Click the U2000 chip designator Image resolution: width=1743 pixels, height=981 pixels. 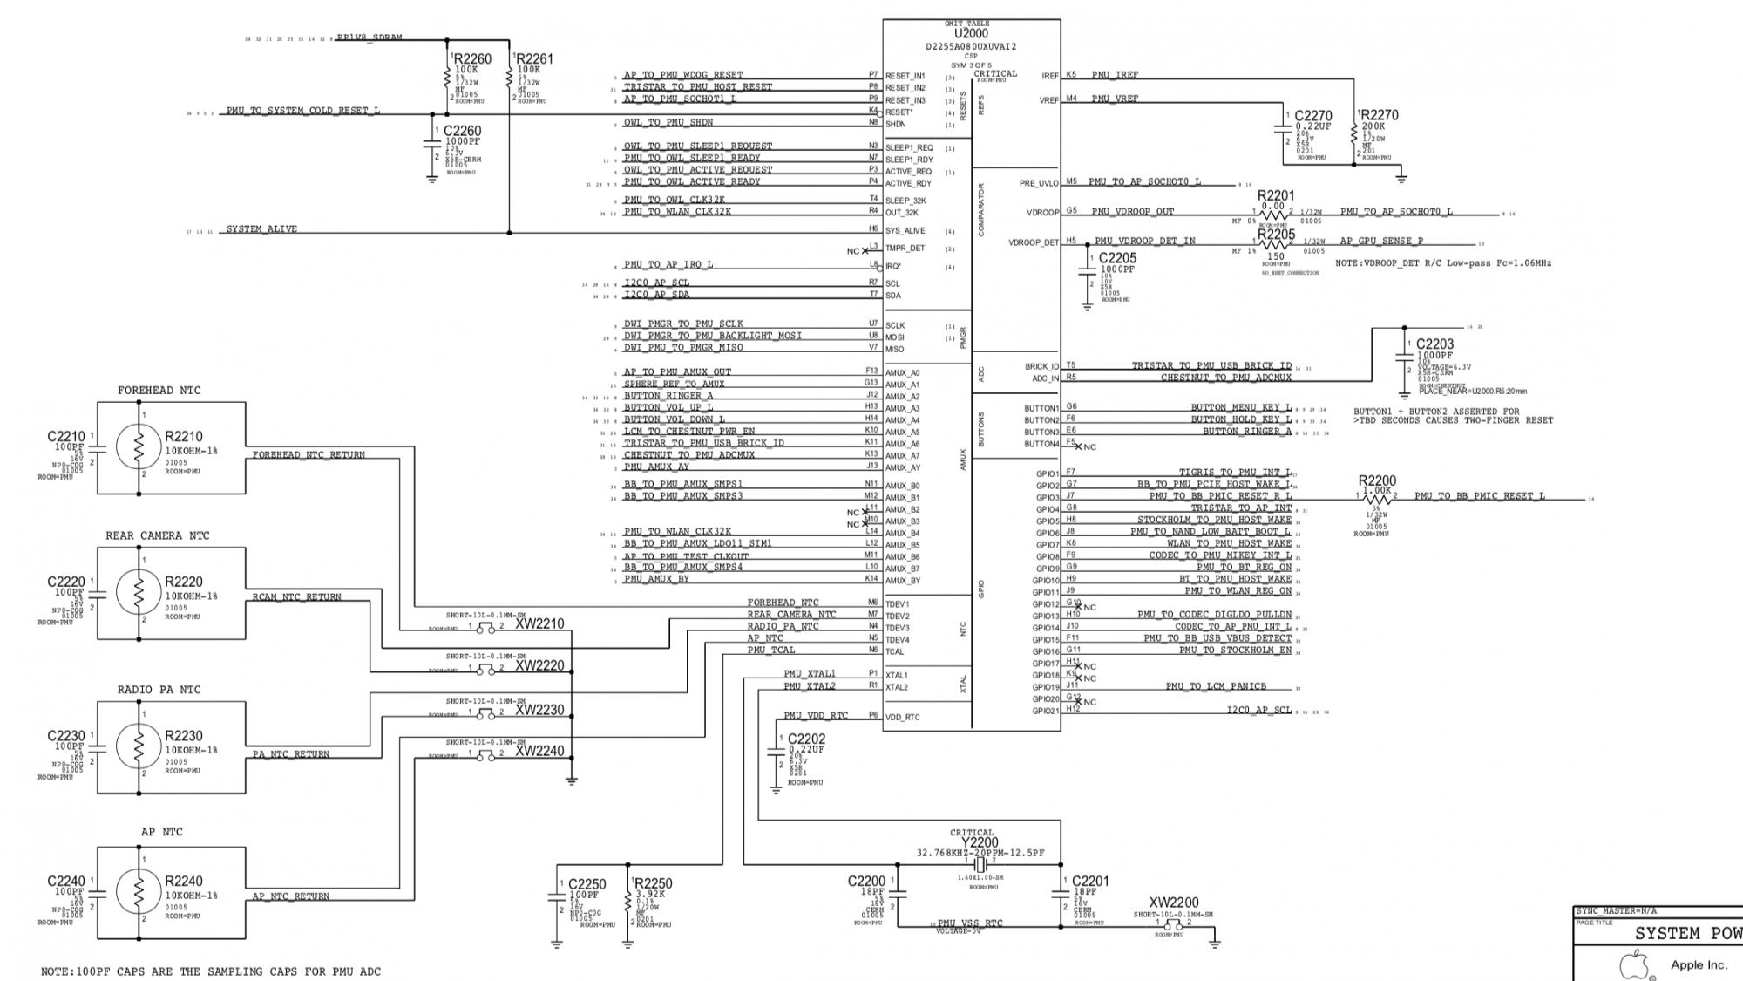(x=971, y=34)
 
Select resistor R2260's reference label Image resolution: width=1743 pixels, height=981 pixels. (x=472, y=59)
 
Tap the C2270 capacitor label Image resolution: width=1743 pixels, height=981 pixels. (x=1312, y=116)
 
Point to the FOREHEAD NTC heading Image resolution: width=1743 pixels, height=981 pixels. (x=159, y=391)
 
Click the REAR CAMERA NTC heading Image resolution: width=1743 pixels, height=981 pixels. (x=157, y=535)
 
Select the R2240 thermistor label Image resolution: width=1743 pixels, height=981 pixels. (x=183, y=882)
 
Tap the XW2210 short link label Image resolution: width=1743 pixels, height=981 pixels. (x=539, y=624)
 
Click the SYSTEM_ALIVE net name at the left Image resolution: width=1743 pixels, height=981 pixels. (x=261, y=229)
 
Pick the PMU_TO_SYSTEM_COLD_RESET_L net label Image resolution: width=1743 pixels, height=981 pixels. (x=302, y=111)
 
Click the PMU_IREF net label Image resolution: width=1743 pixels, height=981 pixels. (x=1115, y=75)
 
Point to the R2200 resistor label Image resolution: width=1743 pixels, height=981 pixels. (x=1377, y=480)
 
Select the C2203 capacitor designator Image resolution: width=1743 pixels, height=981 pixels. (x=1434, y=344)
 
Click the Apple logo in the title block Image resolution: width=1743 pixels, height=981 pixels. (x=1634, y=965)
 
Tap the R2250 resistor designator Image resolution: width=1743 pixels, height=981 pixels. (x=652, y=883)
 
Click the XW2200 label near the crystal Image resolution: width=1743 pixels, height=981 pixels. (x=1173, y=903)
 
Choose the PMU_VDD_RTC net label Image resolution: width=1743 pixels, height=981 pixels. (x=816, y=716)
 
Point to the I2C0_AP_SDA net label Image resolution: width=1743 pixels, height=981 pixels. (x=655, y=295)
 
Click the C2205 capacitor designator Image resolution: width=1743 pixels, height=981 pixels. (x=1117, y=258)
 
